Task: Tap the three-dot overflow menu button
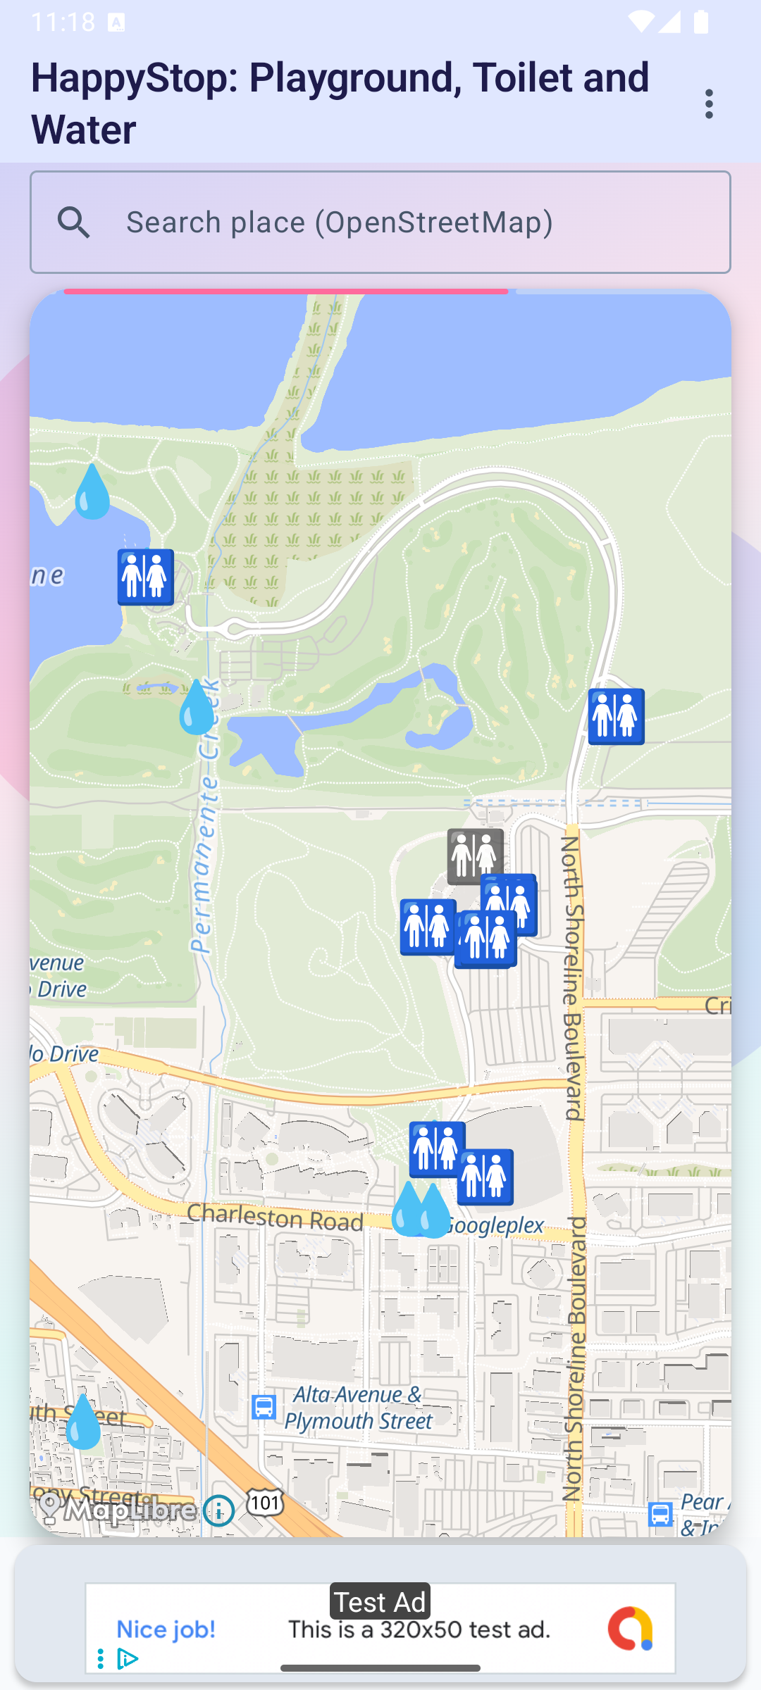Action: pyautogui.click(x=709, y=104)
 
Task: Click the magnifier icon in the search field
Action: pyautogui.click(x=74, y=223)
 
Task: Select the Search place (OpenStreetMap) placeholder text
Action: pyautogui.click(x=340, y=223)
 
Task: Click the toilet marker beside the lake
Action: pyautogui.click(x=146, y=577)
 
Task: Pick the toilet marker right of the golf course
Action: pyautogui.click(x=617, y=717)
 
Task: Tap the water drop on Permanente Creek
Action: pyautogui.click(x=197, y=707)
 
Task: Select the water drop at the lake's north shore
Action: pyautogui.click(x=92, y=492)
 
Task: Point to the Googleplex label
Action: pyautogui.click(x=496, y=1226)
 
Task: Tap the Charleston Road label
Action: pyautogui.click(x=276, y=1217)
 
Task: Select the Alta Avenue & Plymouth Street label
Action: pyautogui.click(x=358, y=1408)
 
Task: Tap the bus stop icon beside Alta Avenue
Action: pyautogui.click(x=264, y=1407)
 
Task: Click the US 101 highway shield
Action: pyautogui.click(x=265, y=1503)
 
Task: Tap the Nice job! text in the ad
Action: pyautogui.click(x=166, y=1629)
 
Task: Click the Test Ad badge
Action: pyautogui.click(x=380, y=1603)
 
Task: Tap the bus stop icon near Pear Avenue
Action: pyautogui.click(x=660, y=1514)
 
